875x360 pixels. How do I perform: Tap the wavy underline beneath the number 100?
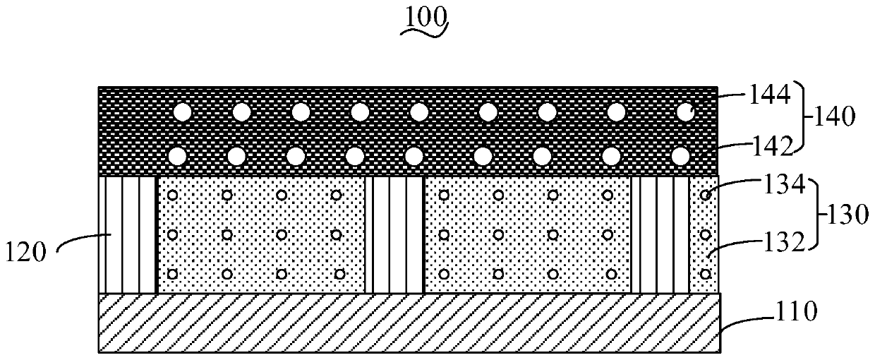[x=426, y=30]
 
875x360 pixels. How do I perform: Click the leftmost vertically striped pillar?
[x=127, y=234]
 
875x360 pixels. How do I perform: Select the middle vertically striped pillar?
[x=394, y=234]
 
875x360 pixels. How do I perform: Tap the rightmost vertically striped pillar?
[x=659, y=234]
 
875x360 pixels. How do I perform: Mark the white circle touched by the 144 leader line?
[x=684, y=112]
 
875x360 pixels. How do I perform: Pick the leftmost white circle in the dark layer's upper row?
[x=183, y=112]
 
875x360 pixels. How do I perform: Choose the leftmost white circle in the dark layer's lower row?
[x=177, y=155]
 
